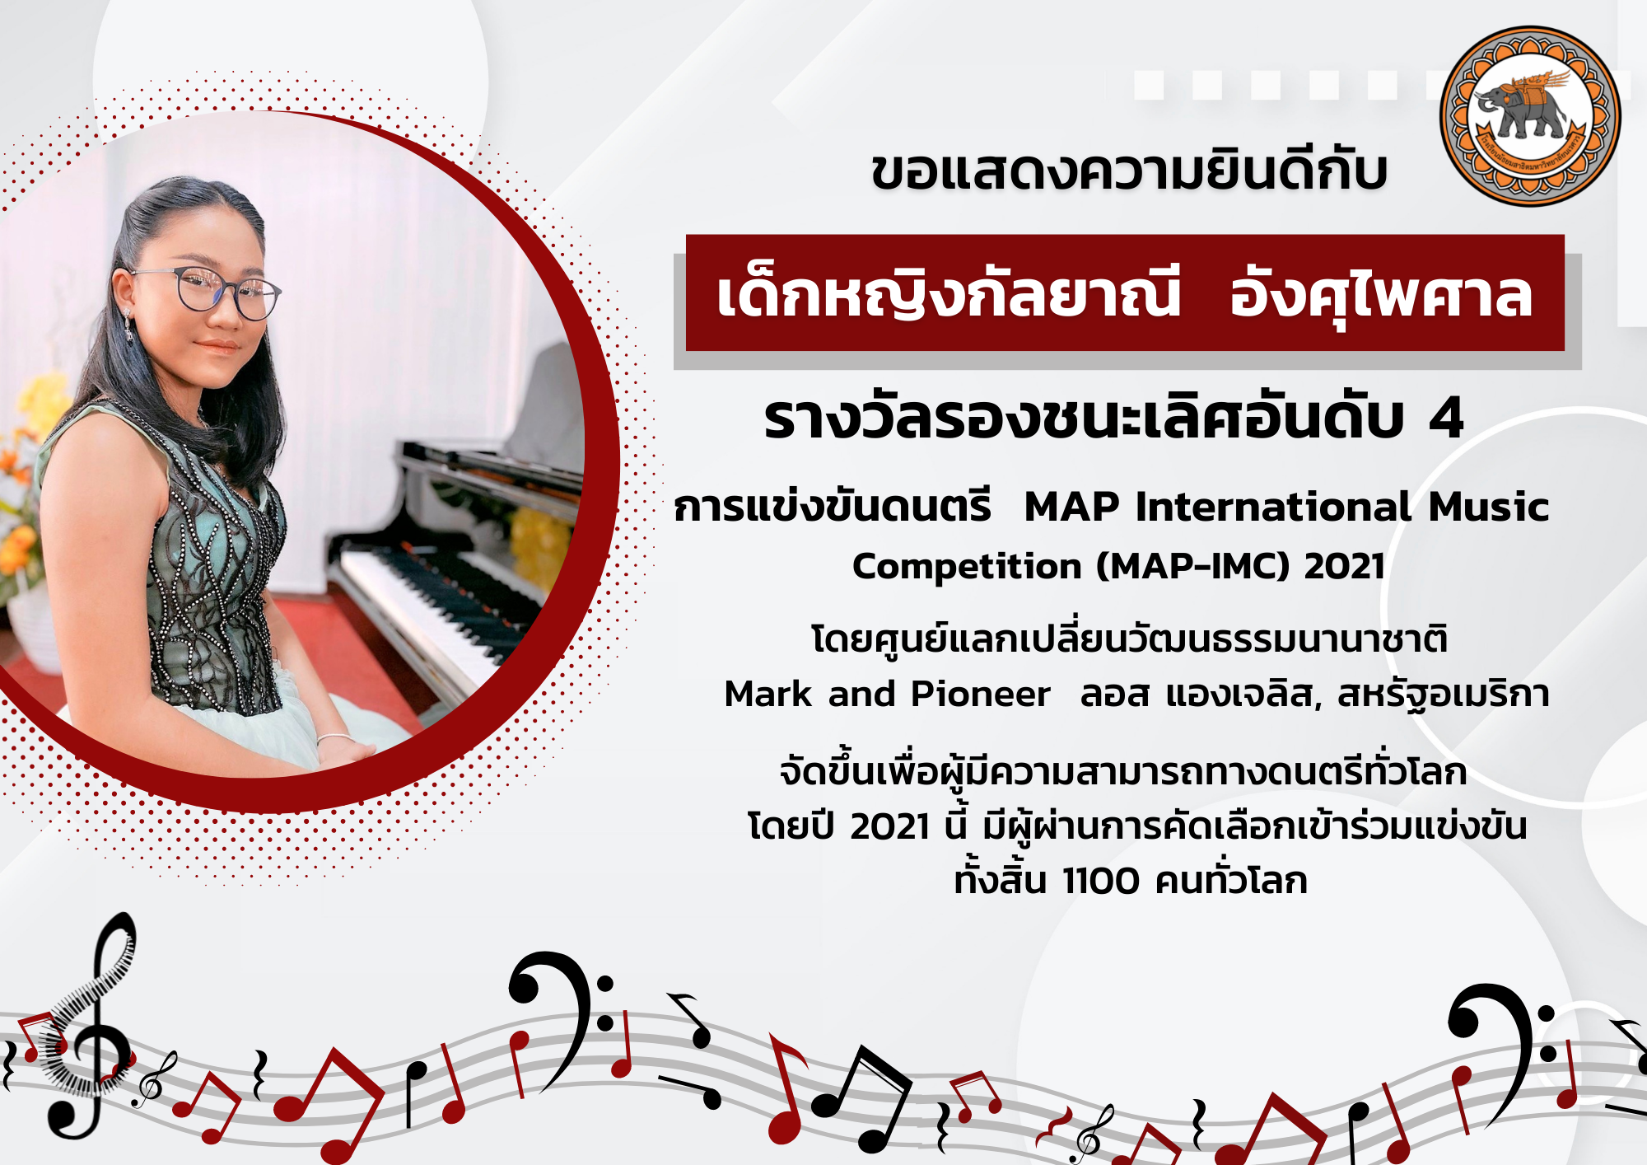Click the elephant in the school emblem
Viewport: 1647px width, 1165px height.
(1523, 107)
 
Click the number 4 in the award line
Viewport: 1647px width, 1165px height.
(1446, 418)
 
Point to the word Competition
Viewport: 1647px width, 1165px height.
(967, 567)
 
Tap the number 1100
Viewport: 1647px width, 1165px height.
(1101, 881)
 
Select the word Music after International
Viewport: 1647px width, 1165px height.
(1489, 507)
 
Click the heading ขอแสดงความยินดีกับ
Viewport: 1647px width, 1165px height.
(1130, 171)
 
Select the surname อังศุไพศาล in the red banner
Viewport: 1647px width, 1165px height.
(1381, 295)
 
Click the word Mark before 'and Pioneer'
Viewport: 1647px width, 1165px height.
(768, 694)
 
